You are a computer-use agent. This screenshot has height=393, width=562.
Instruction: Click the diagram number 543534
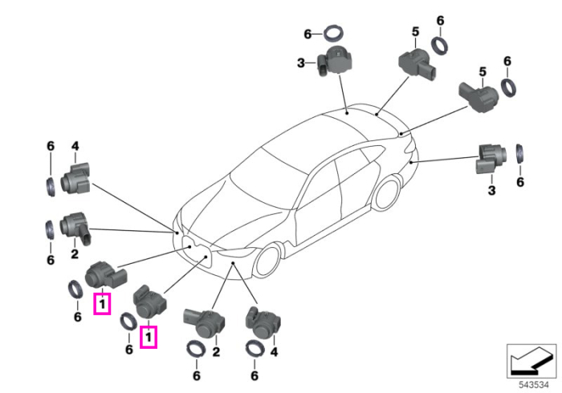[534, 385]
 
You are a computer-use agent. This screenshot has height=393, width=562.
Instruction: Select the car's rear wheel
[386, 194]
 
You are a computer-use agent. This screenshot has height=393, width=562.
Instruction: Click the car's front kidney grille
[197, 253]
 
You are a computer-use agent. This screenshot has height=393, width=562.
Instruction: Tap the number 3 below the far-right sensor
[491, 190]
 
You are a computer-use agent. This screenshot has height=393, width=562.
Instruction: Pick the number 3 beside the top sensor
[301, 63]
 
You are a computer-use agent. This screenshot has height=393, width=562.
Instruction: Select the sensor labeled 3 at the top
[334, 60]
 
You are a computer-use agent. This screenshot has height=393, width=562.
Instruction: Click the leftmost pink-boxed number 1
[102, 304]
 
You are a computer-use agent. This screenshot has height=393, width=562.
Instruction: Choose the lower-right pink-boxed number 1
[149, 337]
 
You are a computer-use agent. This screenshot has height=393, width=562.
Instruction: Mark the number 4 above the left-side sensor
[75, 146]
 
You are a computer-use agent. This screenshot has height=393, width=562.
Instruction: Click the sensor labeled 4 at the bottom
[263, 322]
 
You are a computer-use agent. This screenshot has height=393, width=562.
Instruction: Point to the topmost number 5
[415, 32]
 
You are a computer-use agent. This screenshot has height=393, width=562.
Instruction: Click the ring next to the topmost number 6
[334, 34]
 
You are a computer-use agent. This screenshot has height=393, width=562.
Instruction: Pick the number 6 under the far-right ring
[520, 182]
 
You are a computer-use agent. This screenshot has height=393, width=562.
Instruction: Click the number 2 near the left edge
[75, 253]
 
